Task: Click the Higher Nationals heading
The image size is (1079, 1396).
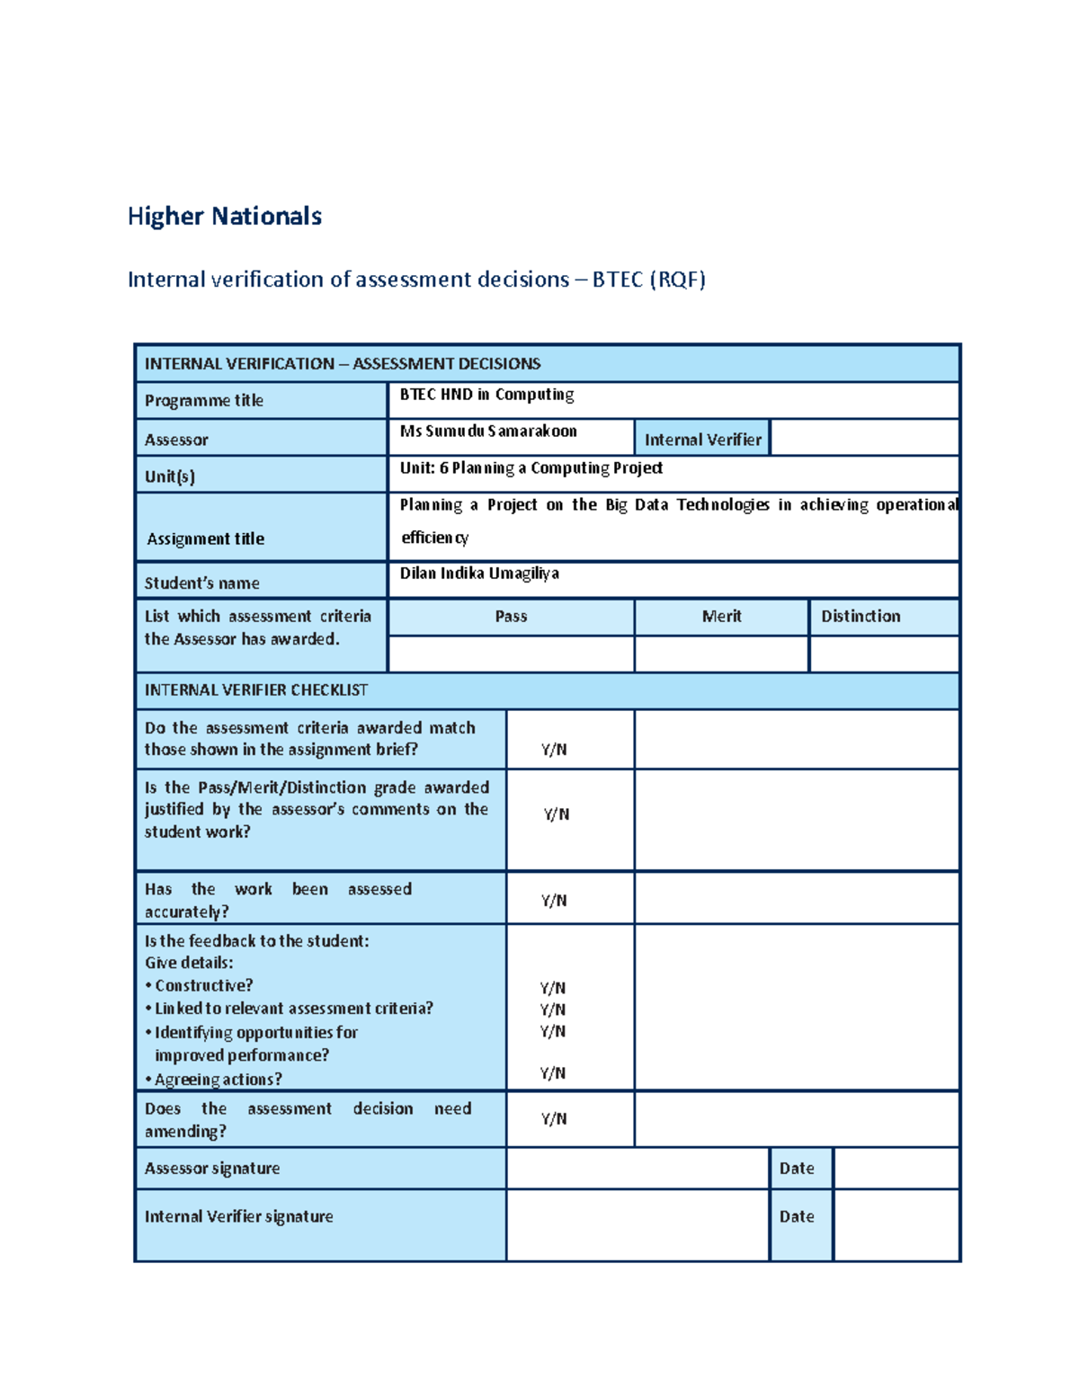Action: point(225,217)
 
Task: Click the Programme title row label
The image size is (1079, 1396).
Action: point(204,401)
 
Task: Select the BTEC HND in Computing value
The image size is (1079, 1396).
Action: point(486,395)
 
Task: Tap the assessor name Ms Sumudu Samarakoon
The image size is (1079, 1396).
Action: point(488,431)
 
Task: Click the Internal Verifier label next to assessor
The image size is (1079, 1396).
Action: point(702,440)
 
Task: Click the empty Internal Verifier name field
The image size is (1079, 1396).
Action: point(864,438)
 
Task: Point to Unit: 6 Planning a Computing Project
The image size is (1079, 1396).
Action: point(531,468)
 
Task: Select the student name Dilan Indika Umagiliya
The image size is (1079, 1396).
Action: point(479,574)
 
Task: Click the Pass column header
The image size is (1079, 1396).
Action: point(511,617)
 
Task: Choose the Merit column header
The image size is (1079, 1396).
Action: point(721,617)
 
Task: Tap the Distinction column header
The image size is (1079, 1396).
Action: point(861,617)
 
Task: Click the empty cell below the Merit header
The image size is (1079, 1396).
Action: point(721,654)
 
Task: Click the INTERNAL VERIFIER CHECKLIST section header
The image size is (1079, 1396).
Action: point(256,690)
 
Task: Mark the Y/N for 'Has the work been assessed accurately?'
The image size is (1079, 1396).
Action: point(554,901)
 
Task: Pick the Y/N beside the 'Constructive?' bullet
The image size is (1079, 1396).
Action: point(553,988)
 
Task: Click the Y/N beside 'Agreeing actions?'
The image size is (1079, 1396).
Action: point(553,1073)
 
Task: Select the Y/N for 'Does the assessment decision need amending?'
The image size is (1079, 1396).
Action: point(554,1119)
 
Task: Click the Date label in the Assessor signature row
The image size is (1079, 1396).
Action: point(797,1169)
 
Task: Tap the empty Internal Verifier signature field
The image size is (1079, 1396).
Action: point(638,1225)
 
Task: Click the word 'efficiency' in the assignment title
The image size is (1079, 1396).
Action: point(435,538)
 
